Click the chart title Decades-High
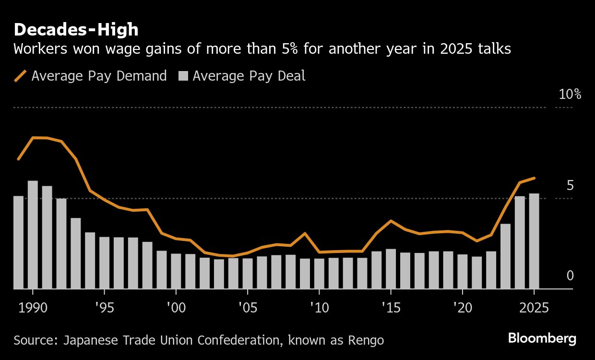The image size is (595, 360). (x=76, y=30)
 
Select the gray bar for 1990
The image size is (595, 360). (x=33, y=235)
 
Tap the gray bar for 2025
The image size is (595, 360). (x=534, y=241)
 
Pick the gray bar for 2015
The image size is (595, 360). (x=391, y=269)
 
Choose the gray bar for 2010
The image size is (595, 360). (x=319, y=274)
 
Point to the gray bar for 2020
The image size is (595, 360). (x=463, y=272)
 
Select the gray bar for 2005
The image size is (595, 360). (x=248, y=274)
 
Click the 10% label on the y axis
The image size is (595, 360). (x=570, y=95)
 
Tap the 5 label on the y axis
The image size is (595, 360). (x=570, y=186)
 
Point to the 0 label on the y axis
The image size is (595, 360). (x=570, y=276)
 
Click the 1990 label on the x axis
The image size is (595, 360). (x=33, y=308)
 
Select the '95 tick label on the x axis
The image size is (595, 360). (x=104, y=308)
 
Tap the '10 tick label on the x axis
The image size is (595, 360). (x=319, y=308)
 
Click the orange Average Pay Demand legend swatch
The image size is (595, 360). (x=20, y=76)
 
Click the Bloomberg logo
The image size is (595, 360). (x=542, y=338)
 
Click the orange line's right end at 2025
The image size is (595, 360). (x=534, y=178)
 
